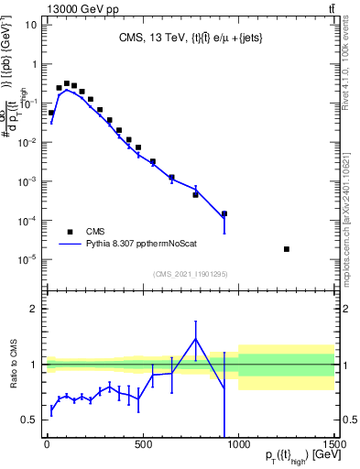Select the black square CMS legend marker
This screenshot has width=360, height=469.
click(x=70, y=232)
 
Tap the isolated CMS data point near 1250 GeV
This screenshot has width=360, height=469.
click(x=287, y=249)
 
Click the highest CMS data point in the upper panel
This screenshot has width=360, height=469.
click(x=66, y=83)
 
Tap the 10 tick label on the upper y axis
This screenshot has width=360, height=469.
click(x=30, y=24)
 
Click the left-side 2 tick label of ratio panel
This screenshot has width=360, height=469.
click(x=34, y=309)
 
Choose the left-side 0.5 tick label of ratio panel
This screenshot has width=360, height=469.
click(x=29, y=420)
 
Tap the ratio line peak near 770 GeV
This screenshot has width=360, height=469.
click(x=195, y=339)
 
